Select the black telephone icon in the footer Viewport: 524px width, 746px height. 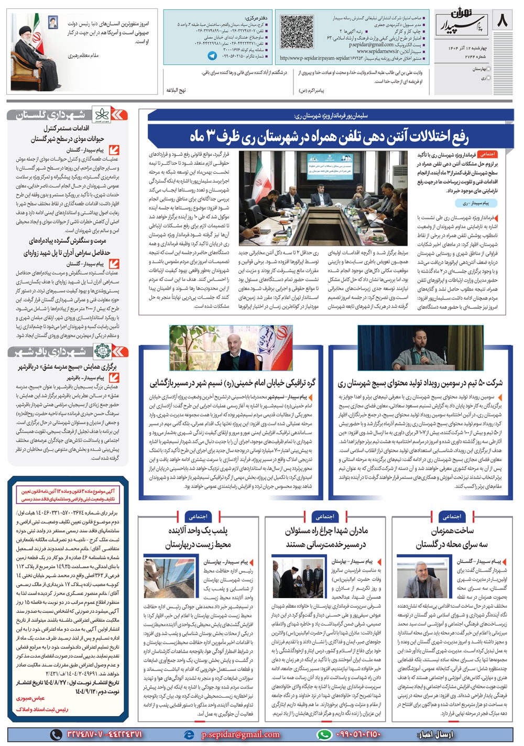click(57, 734)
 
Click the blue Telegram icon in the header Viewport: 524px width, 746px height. click(212, 55)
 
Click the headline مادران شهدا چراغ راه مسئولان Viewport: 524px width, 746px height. click(325, 537)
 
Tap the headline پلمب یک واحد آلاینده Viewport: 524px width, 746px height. click(198, 537)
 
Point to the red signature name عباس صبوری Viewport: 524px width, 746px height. click(31, 698)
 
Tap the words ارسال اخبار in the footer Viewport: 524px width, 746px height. click(433, 734)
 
